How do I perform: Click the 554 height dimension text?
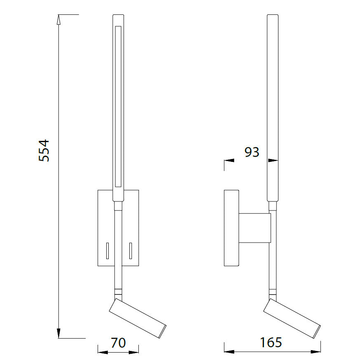tap(44, 150)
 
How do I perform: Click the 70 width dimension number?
tap(118, 343)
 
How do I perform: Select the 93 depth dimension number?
tap(252, 152)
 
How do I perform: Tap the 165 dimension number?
tap(271, 342)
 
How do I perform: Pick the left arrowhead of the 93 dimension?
tap(229, 160)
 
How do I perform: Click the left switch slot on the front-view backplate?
tap(107, 251)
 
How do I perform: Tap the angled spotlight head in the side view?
tap(292, 317)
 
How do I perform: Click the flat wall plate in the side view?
tap(231, 228)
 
